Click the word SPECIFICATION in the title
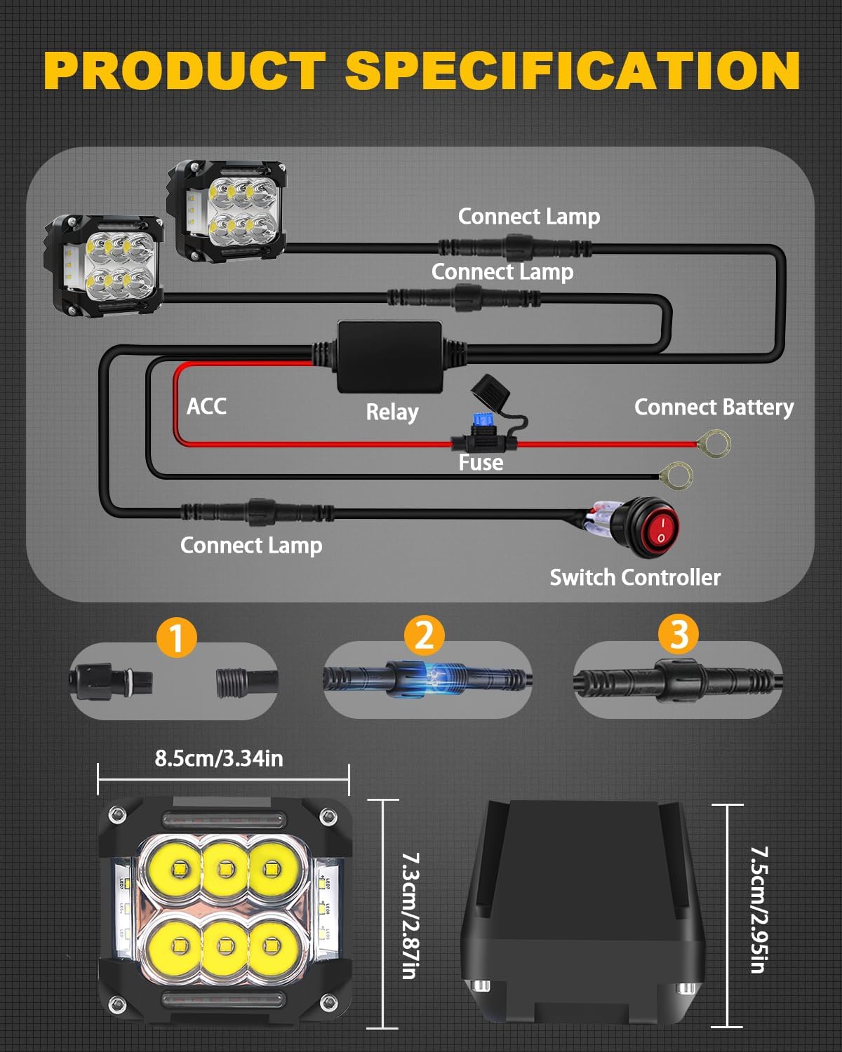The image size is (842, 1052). pos(572,71)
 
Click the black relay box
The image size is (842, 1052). pos(390,357)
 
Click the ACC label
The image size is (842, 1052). pos(206,406)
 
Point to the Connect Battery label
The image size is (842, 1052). pos(714,407)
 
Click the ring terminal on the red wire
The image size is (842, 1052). pos(715,443)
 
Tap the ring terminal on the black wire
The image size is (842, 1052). pos(677,476)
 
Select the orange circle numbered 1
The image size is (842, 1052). pos(176,638)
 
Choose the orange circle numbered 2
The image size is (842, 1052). pos(425,635)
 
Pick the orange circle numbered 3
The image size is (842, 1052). pos(678,634)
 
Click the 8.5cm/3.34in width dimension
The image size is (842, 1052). pos(219,758)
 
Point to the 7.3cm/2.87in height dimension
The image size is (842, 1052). pos(410,915)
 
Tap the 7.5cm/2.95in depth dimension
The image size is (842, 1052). pos(759,910)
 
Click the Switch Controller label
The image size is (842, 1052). pos(634,577)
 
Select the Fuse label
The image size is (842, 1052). pos(481,462)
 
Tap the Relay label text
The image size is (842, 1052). pos(392,412)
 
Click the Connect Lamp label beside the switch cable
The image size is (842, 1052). pos(251,545)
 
